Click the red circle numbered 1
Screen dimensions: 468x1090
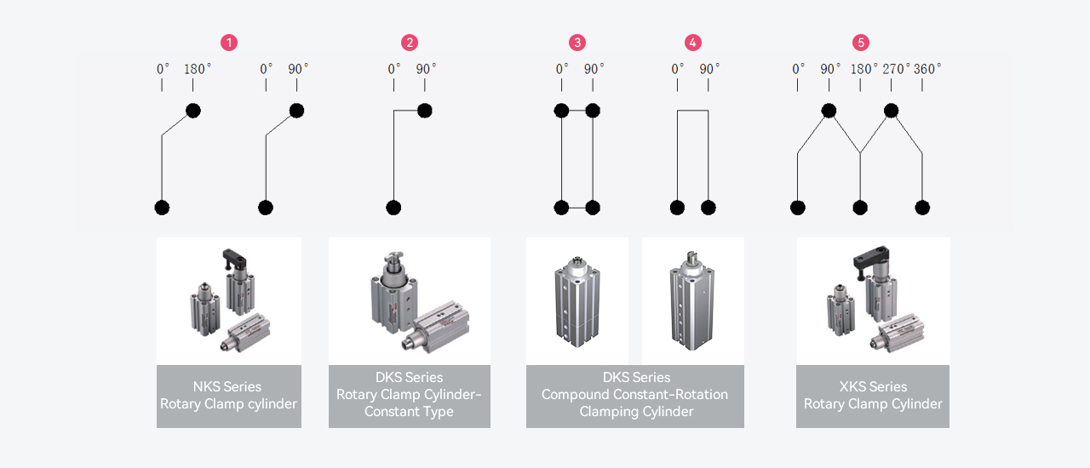click(x=228, y=43)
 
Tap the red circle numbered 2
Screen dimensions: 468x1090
click(x=410, y=43)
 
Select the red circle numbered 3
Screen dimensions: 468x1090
click(x=577, y=43)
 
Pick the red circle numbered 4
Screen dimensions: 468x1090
click(x=692, y=43)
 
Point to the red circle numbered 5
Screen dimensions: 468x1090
click(x=861, y=43)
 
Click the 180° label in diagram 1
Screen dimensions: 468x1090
click(x=197, y=69)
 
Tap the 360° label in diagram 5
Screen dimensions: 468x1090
click(x=927, y=69)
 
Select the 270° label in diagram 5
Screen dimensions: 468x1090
click(x=896, y=69)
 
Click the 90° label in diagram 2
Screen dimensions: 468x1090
click(x=426, y=69)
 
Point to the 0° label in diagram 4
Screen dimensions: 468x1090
click(x=677, y=69)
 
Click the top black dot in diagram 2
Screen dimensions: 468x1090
click(x=425, y=111)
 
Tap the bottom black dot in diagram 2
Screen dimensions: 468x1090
click(x=393, y=208)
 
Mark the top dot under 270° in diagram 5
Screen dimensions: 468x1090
click(x=891, y=111)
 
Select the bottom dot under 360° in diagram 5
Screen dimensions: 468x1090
click(x=922, y=208)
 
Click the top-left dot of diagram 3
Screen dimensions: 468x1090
click(x=561, y=111)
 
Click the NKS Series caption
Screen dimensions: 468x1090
click(x=227, y=386)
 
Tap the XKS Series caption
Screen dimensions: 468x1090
click(x=873, y=386)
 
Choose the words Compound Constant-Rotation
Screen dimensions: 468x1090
click(x=634, y=395)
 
